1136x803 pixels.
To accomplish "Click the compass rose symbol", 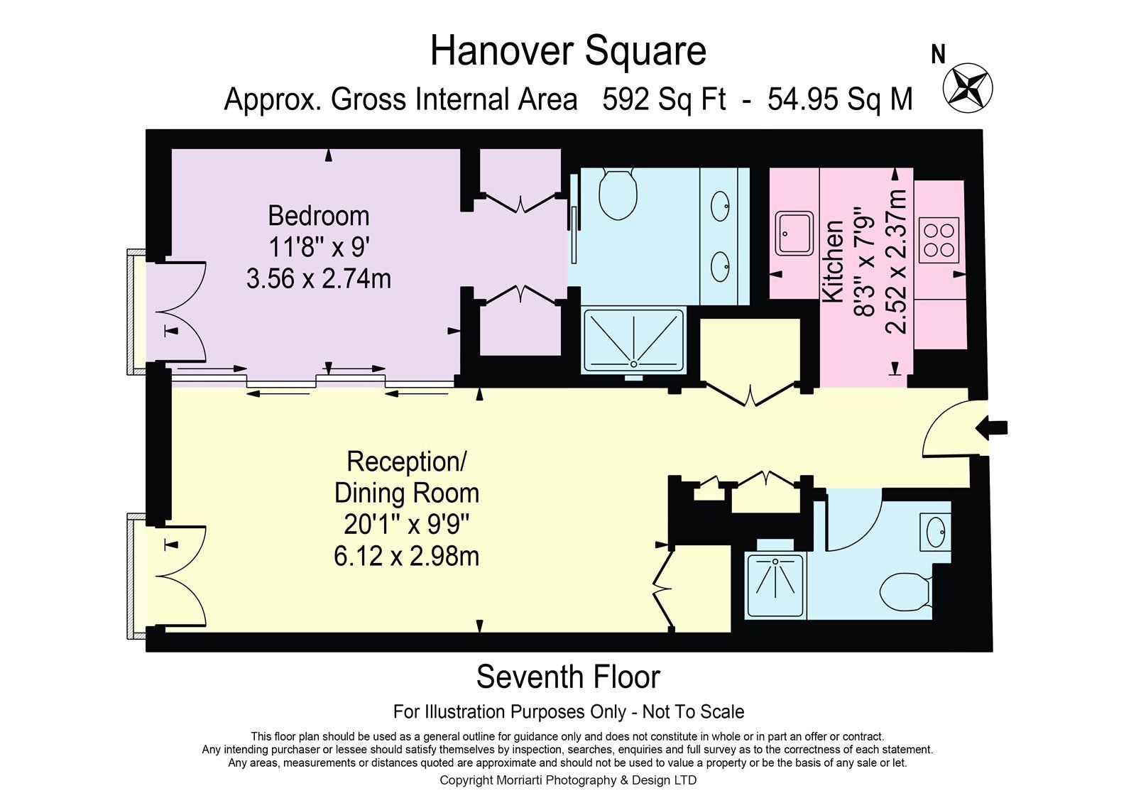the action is click(968, 88).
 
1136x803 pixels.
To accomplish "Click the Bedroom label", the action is click(319, 216).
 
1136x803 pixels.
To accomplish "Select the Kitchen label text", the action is click(833, 262).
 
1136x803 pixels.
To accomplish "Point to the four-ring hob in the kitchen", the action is click(939, 241).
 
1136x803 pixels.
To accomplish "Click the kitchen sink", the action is click(794, 234).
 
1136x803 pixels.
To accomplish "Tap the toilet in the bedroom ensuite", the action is click(618, 194).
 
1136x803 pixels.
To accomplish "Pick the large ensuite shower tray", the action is click(634, 341).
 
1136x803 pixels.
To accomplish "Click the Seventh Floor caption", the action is click(568, 677).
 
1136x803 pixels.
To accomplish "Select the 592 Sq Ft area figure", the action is click(664, 99).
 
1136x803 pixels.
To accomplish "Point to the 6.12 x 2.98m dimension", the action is click(406, 557).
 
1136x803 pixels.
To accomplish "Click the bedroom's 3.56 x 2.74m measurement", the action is click(319, 279).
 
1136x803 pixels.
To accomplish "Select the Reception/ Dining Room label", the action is click(406, 477).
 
